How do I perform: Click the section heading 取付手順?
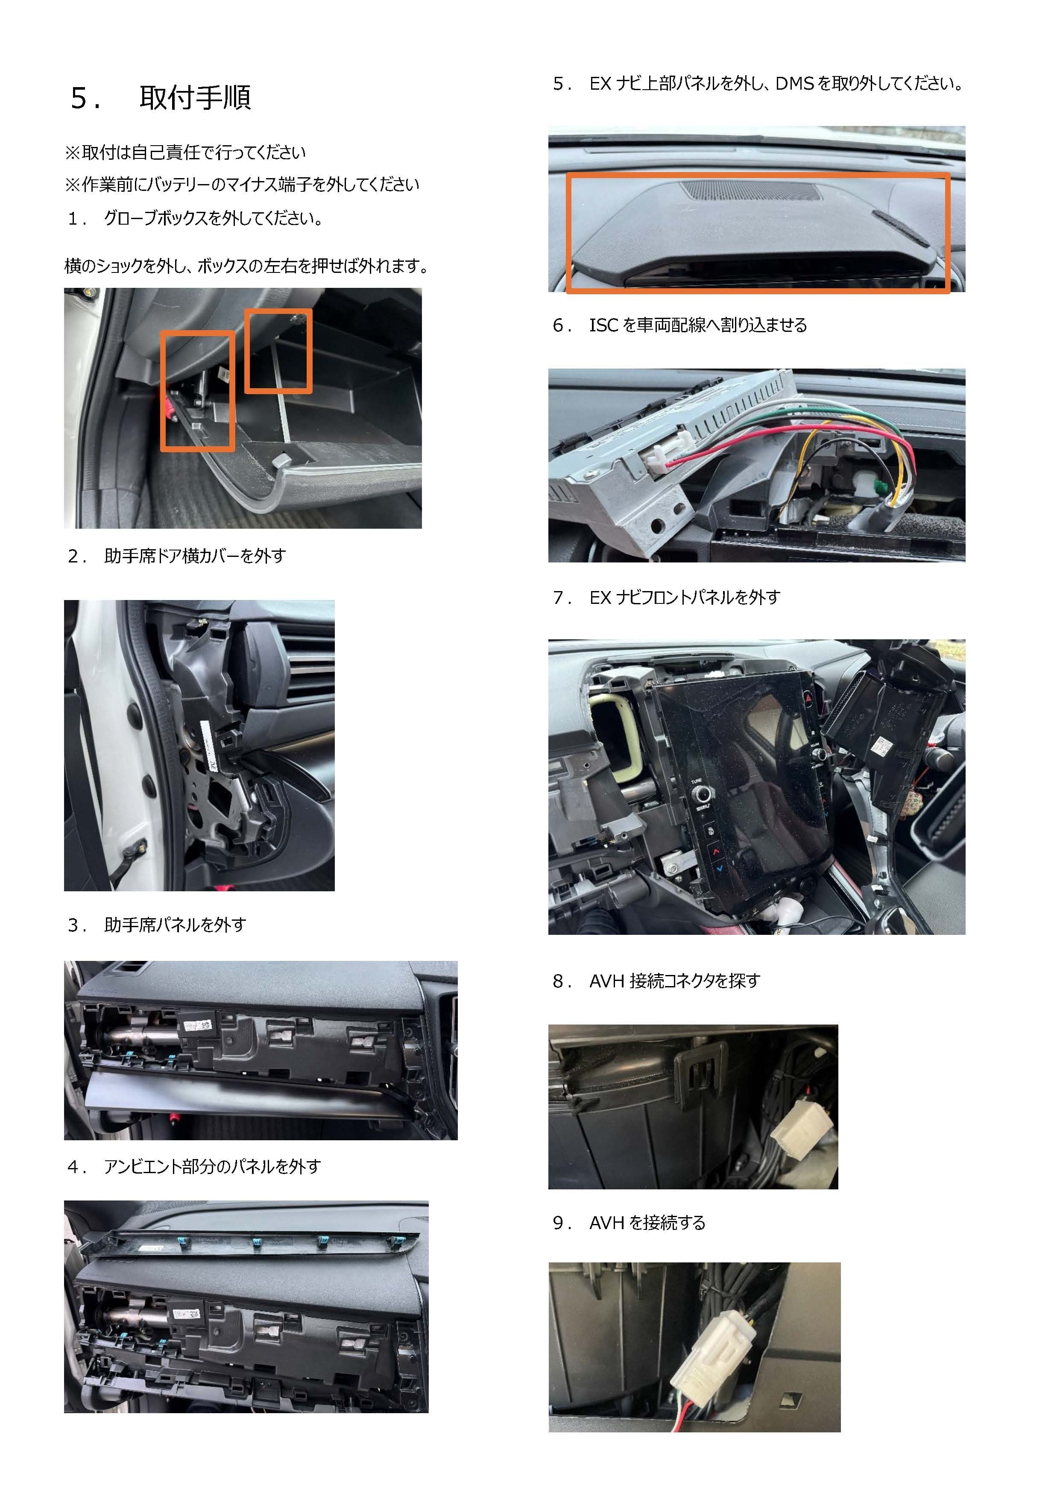coord(195,98)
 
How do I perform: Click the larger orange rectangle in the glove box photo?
coord(198,390)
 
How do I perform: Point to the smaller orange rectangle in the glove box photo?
coord(278,351)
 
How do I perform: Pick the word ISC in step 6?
coord(604,325)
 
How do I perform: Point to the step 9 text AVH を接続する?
coord(647,1223)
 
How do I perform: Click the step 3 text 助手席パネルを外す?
coord(175,925)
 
